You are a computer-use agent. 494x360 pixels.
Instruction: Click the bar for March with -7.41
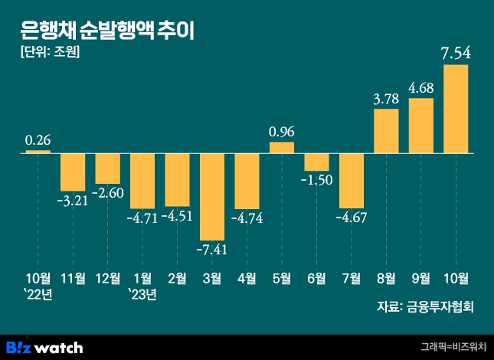click(x=212, y=196)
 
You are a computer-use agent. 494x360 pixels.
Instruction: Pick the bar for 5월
click(x=282, y=148)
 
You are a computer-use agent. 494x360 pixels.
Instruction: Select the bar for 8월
click(x=386, y=131)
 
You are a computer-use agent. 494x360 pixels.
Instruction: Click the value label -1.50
click(x=316, y=180)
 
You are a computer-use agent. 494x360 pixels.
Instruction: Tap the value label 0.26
click(x=38, y=140)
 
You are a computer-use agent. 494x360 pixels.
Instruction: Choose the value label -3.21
click(x=74, y=201)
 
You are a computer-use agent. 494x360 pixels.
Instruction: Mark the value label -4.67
click(x=352, y=218)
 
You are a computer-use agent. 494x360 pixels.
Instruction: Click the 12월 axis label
click(x=108, y=278)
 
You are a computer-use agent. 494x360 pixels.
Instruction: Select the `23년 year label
click(x=142, y=295)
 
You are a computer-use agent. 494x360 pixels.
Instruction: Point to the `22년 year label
click(x=38, y=295)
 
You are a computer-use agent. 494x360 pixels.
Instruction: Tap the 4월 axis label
click(x=247, y=278)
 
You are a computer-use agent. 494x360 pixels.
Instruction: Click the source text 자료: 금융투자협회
click(x=426, y=307)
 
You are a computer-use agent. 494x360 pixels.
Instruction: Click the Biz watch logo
click(x=44, y=347)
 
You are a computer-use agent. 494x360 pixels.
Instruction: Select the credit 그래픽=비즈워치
click(x=453, y=348)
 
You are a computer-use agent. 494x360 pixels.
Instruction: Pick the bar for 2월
click(x=178, y=180)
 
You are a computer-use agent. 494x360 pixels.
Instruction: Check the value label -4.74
click(x=247, y=218)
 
